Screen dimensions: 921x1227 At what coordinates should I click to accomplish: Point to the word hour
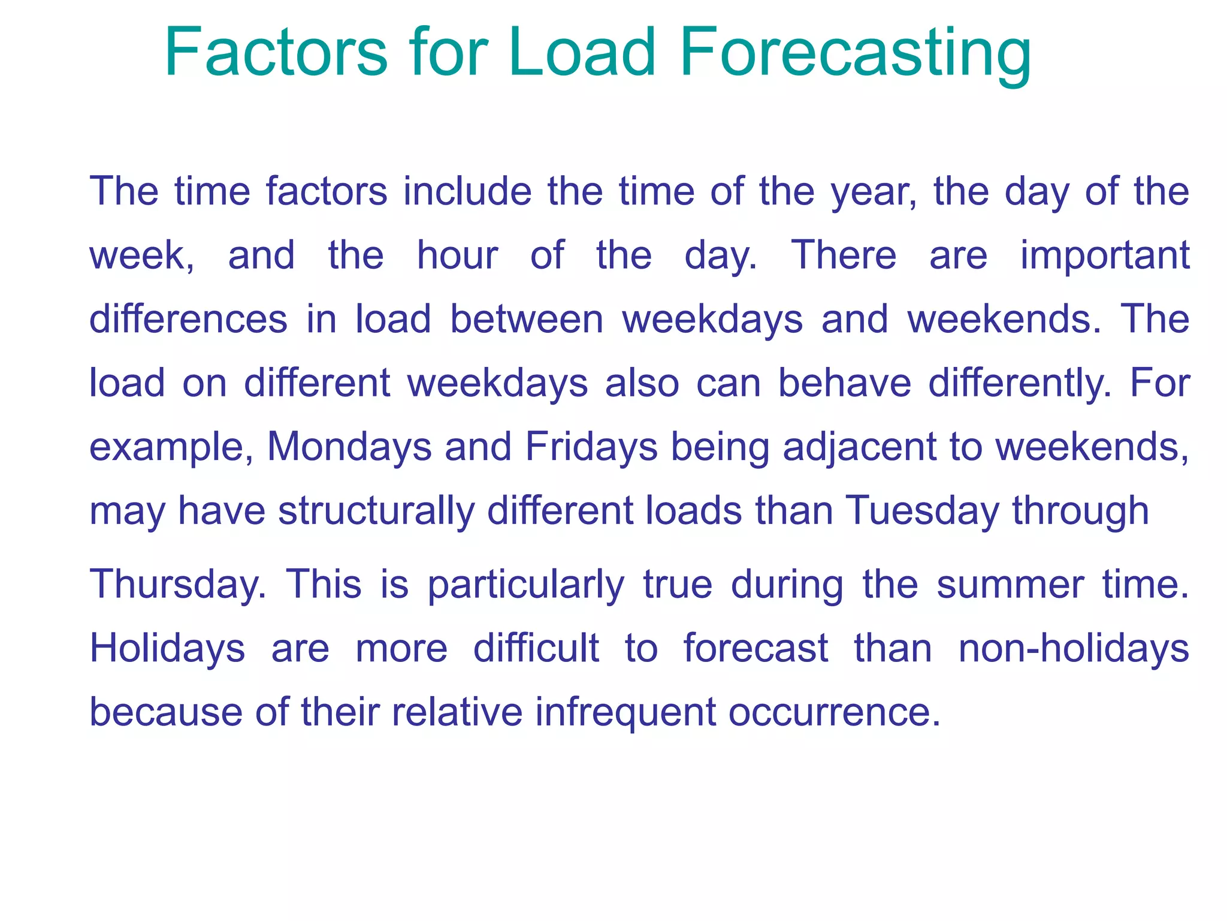click(457, 255)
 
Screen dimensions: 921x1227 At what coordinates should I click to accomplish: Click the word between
click(527, 319)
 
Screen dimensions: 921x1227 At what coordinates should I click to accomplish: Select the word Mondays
click(349, 447)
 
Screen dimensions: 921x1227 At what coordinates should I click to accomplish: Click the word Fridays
click(591, 447)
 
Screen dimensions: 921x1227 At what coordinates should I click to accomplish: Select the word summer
click(1010, 585)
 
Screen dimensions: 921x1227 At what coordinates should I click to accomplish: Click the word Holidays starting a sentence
click(167, 649)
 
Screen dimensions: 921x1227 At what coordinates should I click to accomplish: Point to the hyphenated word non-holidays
click(1074, 649)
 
